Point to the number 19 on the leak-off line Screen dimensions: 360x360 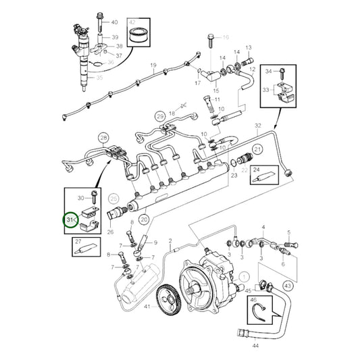coord(153,66)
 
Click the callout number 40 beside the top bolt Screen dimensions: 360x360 coord(113,23)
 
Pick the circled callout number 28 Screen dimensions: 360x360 coord(103,138)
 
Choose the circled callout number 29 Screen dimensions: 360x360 coord(160,116)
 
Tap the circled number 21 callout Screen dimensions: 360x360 coord(257,149)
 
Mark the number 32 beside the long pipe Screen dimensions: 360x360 coord(257,126)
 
